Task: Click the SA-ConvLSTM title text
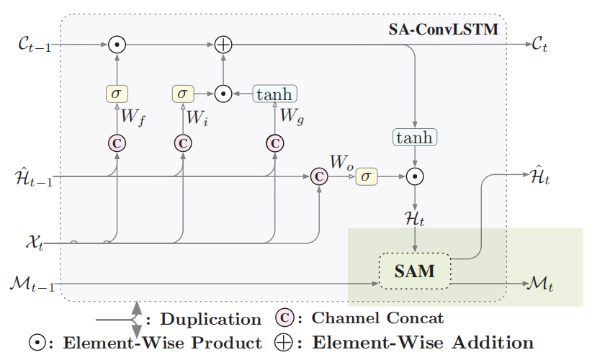pyautogui.click(x=443, y=30)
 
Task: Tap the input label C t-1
pyautogui.click(x=32, y=45)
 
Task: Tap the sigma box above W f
pyautogui.click(x=116, y=94)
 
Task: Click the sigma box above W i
pyautogui.click(x=183, y=94)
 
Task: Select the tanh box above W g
pyautogui.click(x=274, y=94)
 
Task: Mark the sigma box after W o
pyautogui.click(x=366, y=176)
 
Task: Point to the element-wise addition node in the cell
pyautogui.click(x=224, y=45)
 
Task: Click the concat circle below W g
pyautogui.click(x=274, y=143)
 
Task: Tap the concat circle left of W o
pyautogui.click(x=318, y=176)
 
